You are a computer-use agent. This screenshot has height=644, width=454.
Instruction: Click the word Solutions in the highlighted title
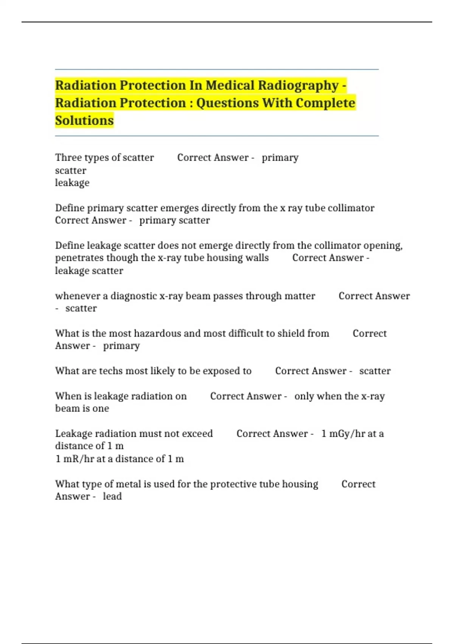pyautogui.click(x=84, y=120)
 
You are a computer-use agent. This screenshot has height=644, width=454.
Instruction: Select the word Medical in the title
pyautogui.click(x=230, y=86)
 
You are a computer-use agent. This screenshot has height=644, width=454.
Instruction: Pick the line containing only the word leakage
pyautogui.click(x=72, y=183)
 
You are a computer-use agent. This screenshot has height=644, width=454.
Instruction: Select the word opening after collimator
pyautogui.click(x=382, y=245)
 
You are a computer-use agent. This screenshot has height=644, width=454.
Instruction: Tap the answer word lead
pyautogui.click(x=112, y=496)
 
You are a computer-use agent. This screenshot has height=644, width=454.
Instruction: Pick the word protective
pyautogui.click(x=233, y=484)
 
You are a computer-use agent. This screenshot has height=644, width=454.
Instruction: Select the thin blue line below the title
pyautogui.click(x=217, y=136)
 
